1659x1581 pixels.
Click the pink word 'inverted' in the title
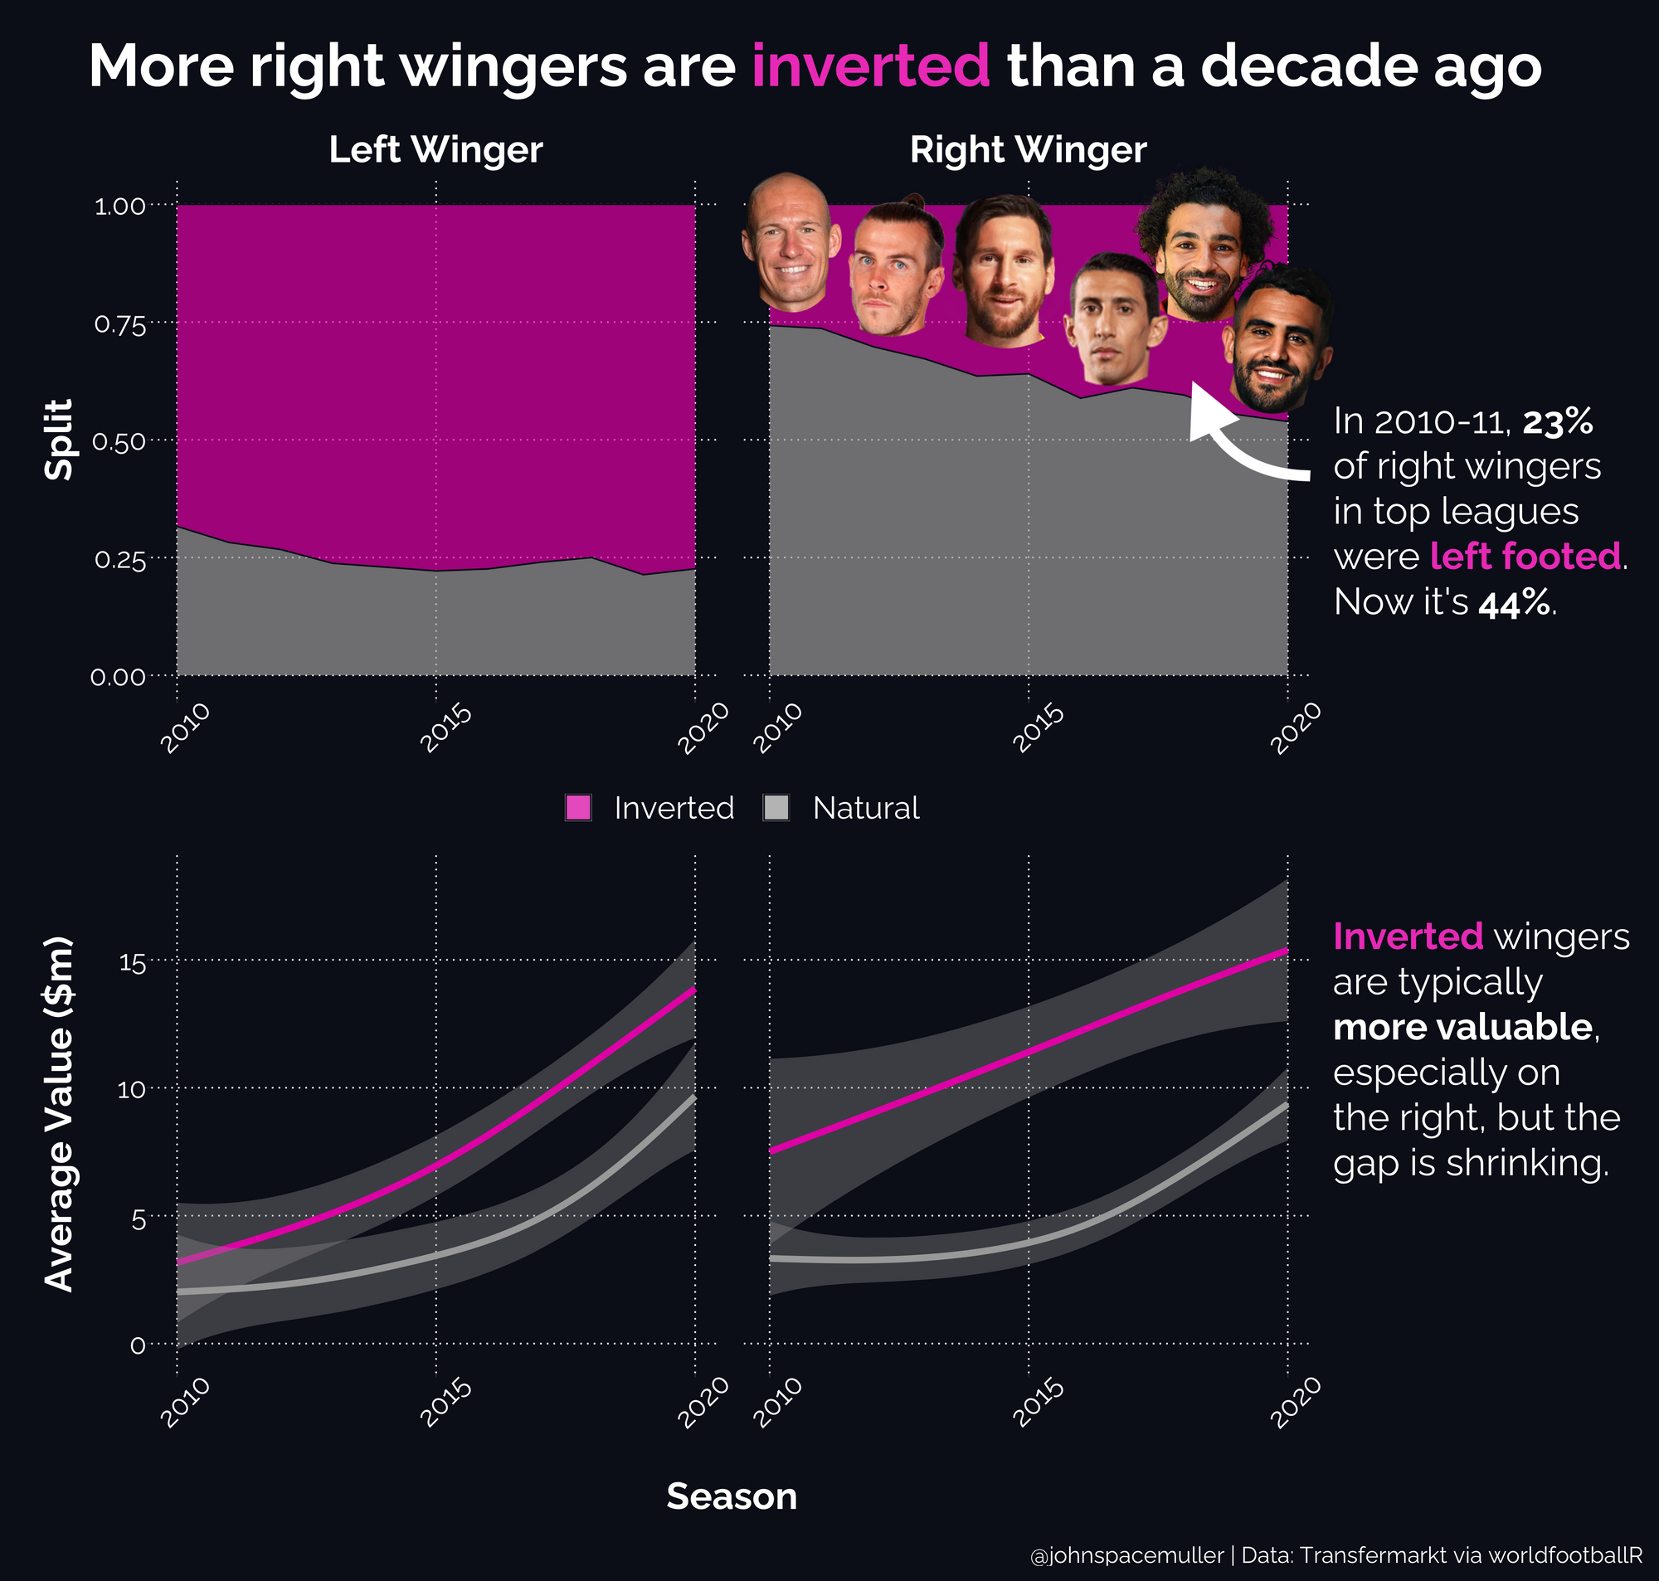click(x=870, y=66)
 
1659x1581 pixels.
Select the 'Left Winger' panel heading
click(x=435, y=150)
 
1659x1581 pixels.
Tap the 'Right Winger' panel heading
click(x=1028, y=150)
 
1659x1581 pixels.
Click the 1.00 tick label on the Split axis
click(x=119, y=207)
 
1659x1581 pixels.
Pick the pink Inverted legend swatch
click(x=578, y=807)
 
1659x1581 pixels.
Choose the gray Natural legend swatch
click(x=775, y=807)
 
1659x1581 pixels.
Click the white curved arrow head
click(x=1205, y=413)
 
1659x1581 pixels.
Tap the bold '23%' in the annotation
click(x=1557, y=421)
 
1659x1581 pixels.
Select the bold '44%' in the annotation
click(x=1513, y=602)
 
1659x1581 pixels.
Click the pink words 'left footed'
click(x=1525, y=557)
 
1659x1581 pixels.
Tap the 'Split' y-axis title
click(x=59, y=440)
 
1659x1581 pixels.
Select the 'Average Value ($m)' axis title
click(x=59, y=1114)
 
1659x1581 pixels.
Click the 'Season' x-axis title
click(x=732, y=1496)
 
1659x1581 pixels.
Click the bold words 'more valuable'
click(x=1462, y=1027)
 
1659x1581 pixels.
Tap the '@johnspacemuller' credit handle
click(x=1126, y=1556)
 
